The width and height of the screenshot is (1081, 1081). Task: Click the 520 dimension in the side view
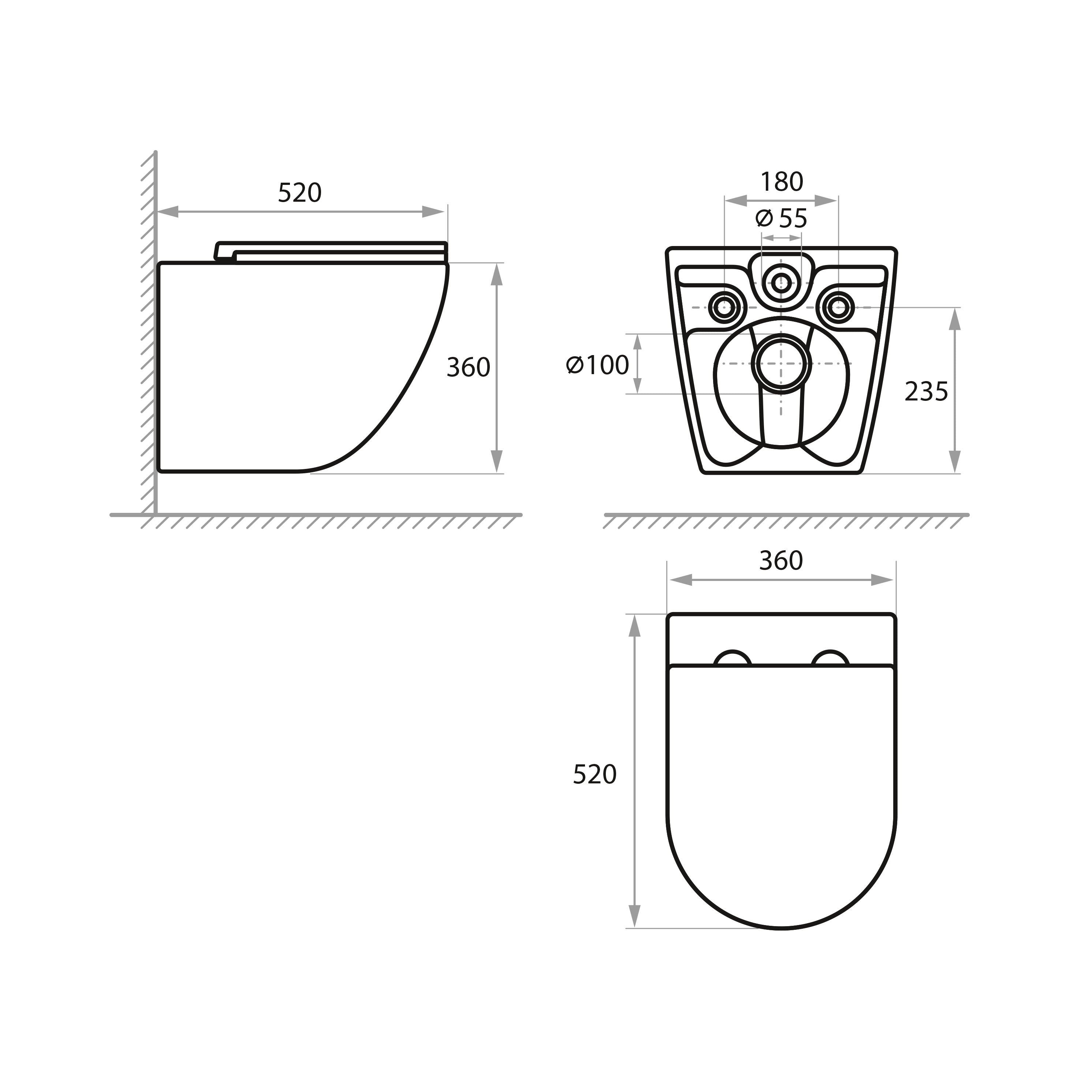pyautogui.click(x=300, y=193)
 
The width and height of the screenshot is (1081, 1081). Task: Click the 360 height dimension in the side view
pyautogui.click(x=468, y=368)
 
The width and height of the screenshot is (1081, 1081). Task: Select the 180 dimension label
pyautogui.click(x=782, y=182)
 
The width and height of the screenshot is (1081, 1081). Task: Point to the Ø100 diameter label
pyautogui.click(x=597, y=365)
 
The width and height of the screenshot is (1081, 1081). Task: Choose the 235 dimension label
pyautogui.click(x=927, y=392)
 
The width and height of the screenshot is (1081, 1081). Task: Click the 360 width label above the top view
pyautogui.click(x=781, y=561)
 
